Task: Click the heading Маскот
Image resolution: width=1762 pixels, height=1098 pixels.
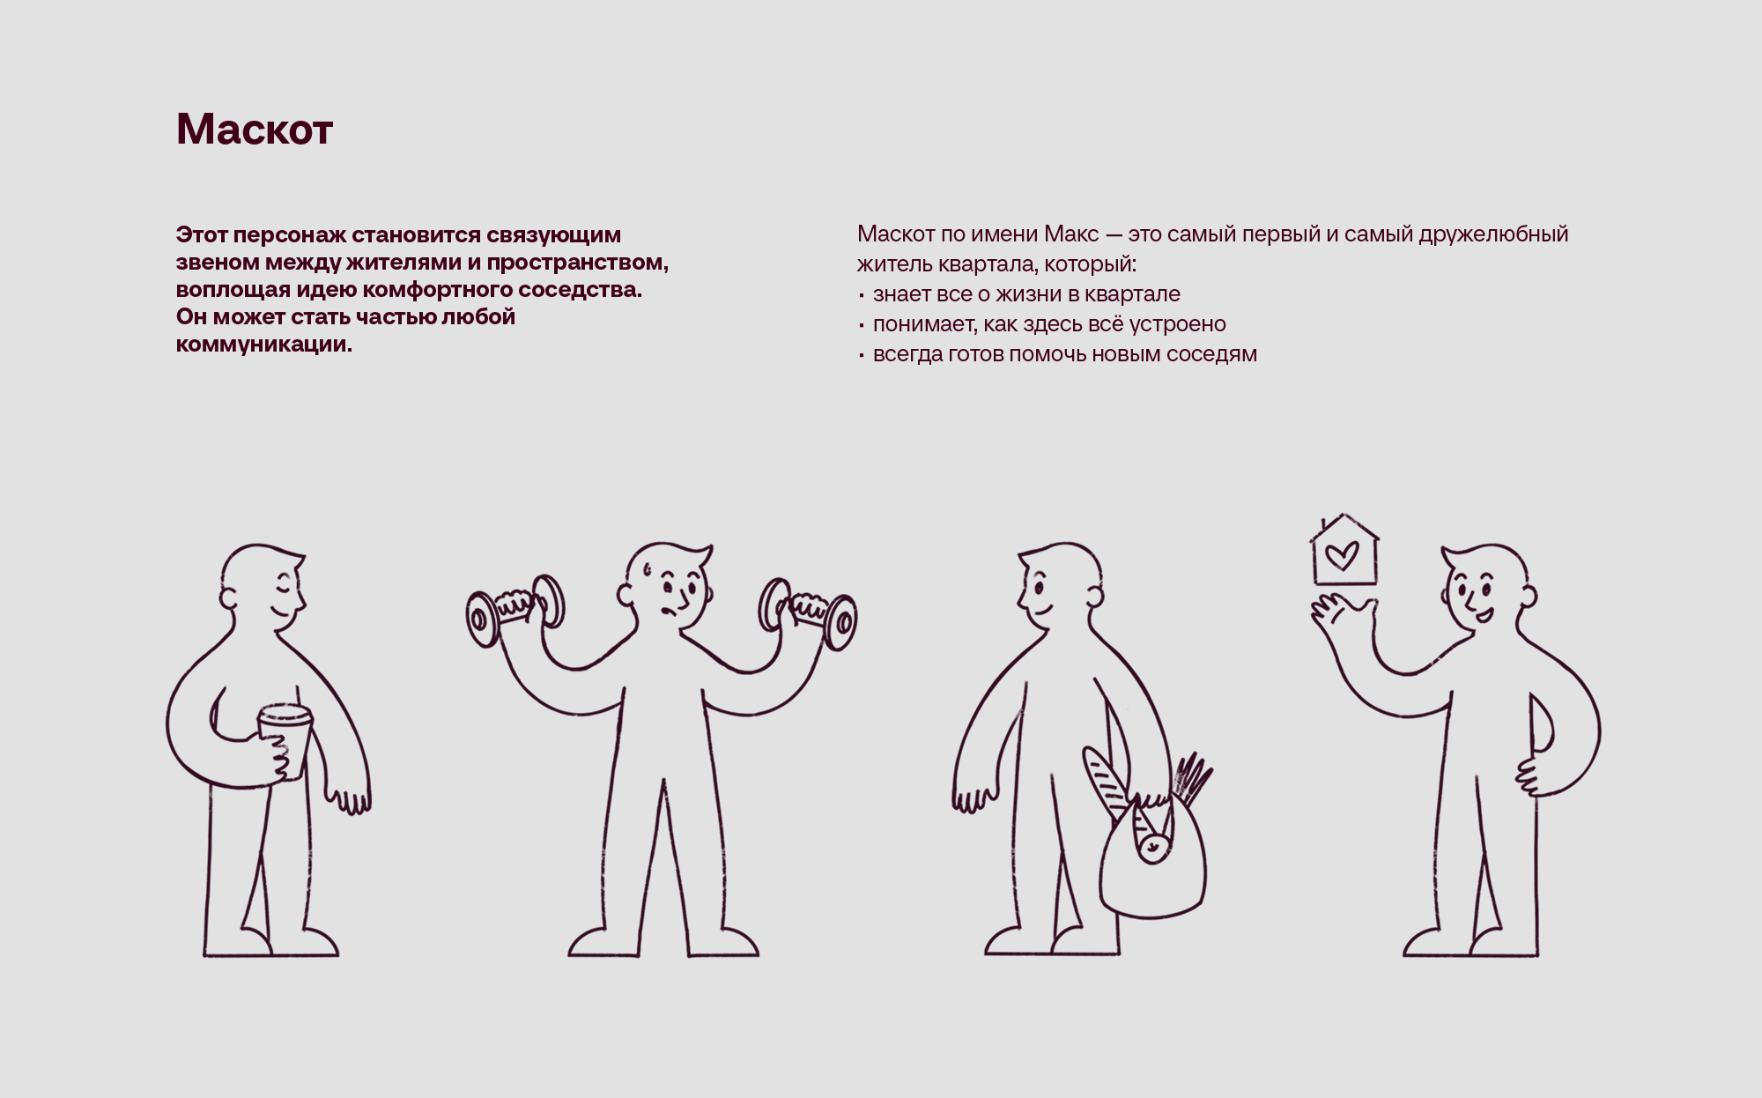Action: pyautogui.click(x=255, y=130)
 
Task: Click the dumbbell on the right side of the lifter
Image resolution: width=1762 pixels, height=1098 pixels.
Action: pyautogui.click(x=808, y=612)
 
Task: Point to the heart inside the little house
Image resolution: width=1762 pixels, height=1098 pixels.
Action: pyautogui.click(x=1342, y=555)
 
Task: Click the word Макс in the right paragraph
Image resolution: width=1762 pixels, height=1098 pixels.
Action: pyautogui.click(x=1071, y=234)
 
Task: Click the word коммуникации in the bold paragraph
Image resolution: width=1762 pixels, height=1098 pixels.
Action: pyautogui.click(x=264, y=345)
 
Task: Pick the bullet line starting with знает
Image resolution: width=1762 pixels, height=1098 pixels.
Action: pyautogui.click(x=1019, y=293)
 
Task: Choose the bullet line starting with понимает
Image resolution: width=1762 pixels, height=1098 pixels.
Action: pyautogui.click(x=1042, y=323)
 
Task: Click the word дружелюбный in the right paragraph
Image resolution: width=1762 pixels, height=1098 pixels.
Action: pyautogui.click(x=1493, y=234)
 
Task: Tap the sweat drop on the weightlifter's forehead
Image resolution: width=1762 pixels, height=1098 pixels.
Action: pyautogui.click(x=648, y=569)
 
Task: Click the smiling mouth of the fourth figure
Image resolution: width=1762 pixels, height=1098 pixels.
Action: pyautogui.click(x=1484, y=615)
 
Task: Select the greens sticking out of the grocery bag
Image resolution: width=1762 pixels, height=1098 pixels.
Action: pyautogui.click(x=1192, y=779)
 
